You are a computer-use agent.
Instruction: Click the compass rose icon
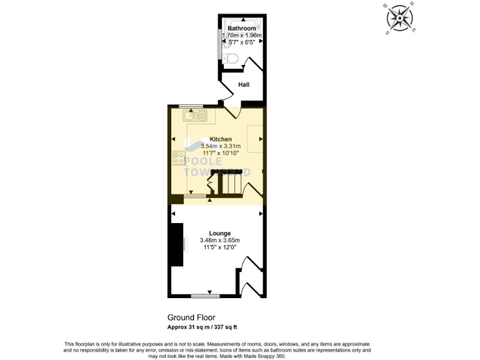coord(400,17)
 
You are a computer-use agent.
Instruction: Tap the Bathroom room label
coord(241,29)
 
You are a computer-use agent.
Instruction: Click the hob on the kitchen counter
coord(178,157)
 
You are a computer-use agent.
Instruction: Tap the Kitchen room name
coord(221,139)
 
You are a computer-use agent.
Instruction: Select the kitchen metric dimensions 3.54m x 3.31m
coord(221,146)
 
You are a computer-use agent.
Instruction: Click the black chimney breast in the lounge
coord(178,245)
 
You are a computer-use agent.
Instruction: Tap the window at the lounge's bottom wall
coord(206,296)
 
